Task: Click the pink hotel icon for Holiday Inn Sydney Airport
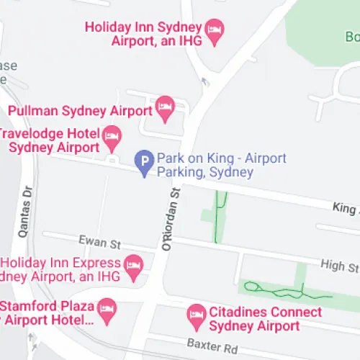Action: pos(215,31)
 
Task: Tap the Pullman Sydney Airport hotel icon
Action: pos(165,109)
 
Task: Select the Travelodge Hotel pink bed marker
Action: pos(112,135)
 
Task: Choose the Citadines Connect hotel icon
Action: pos(197,315)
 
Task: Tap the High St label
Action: pos(339,267)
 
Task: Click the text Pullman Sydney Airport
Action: pos(80,111)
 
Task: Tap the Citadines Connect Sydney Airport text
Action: pos(264,319)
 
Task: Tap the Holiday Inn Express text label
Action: pos(61,269)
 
